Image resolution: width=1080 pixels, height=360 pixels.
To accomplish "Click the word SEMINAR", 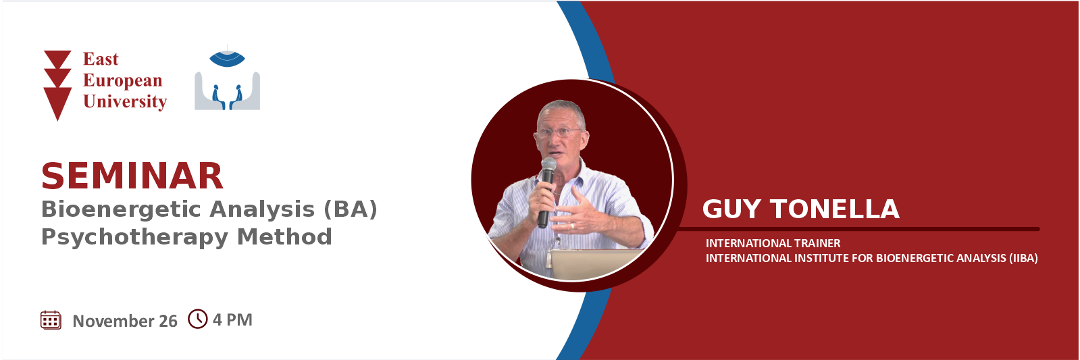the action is coord(132,176).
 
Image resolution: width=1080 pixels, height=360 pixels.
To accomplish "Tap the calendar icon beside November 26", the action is coord(51,320).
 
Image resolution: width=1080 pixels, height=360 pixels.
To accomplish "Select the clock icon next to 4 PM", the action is coord(198,319).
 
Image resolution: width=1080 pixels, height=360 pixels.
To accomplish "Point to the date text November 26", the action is coord(125,321).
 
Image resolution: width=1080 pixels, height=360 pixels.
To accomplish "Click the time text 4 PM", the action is coord(232,319).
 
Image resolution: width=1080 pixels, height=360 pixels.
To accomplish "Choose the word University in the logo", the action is coord(125,102).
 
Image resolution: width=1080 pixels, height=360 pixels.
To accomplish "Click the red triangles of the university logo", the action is coord(58,85).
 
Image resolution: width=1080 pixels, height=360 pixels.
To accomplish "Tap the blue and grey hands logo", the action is coord(227,80).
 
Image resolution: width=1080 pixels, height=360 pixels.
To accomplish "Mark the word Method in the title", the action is coord(284,236).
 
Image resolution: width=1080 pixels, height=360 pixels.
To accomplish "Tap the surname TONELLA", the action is coord(835,209).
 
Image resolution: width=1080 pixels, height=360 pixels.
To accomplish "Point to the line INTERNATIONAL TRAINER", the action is coord(773,243).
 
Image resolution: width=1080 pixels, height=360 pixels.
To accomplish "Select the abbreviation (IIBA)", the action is coord(1023,258).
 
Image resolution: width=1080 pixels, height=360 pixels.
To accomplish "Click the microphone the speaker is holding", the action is coord(546,192).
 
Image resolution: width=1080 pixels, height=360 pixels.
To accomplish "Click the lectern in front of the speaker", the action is coord(596,263).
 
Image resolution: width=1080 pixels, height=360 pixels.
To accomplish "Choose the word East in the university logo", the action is coord(101,59).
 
